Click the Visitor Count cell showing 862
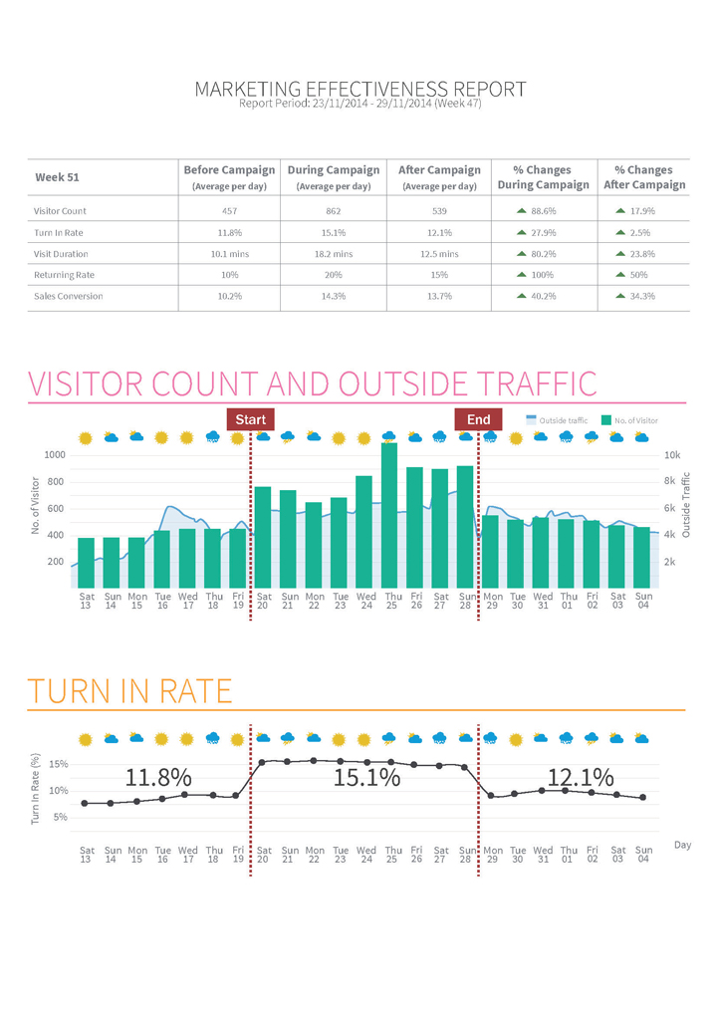334,211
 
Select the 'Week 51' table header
58,177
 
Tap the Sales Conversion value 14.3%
334,296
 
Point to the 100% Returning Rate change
543,275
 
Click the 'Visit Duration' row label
61,254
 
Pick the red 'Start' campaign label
250,419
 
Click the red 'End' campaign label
478,419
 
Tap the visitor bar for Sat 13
87,562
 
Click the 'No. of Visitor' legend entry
629,421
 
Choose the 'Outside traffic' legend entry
557,421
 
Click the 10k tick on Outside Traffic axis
672,455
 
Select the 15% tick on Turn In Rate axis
58,765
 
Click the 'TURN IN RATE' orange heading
128,690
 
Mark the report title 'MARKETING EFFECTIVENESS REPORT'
359,90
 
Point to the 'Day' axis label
682,845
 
